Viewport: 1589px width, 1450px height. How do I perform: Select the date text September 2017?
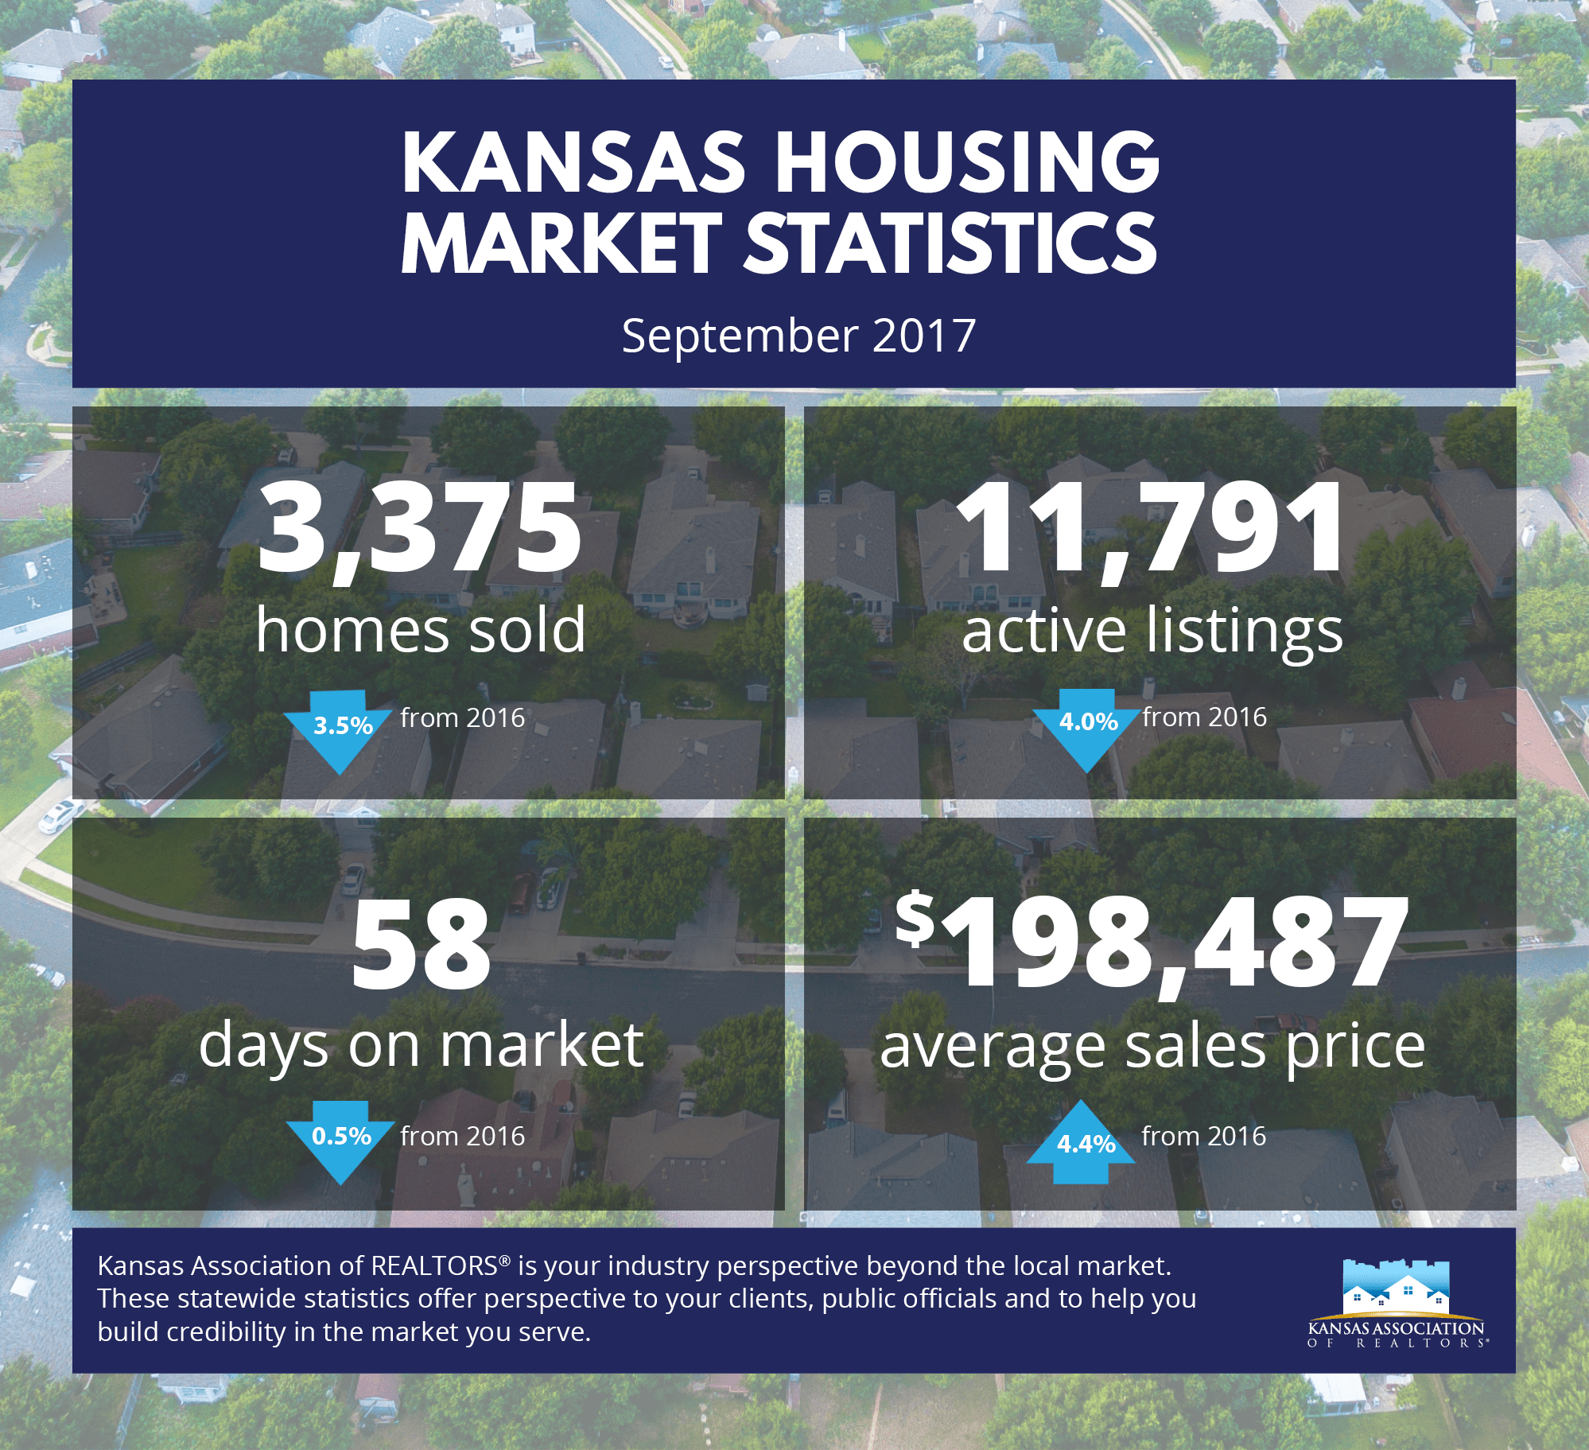pyautogui.click(x=798, y=336)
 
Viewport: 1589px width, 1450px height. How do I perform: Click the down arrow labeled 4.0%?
pyautogui.click(x=1087, y=725)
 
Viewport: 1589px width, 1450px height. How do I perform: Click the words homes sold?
pyautogui.click(x=420, y=630)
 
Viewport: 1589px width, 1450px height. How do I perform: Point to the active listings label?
pyautogui.click(x=1152, y=630)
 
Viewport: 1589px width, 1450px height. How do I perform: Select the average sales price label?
pyautogui.click(x=1152, y=1047)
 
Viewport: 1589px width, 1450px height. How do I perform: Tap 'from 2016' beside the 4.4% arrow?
pyautogui.click(x=1203, y=1136)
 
